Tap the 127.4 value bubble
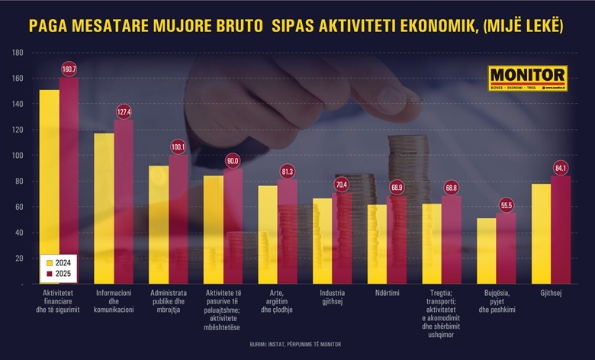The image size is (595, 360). (x=124, y=112)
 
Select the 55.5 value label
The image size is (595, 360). (x=507, y=205)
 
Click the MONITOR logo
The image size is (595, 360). (x=528, y=79)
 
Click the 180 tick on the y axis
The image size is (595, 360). (x=18, y=53)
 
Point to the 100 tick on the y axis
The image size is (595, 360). (x=18, y=156)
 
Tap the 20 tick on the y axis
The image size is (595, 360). (x=19, y=259)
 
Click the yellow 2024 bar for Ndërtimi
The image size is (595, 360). (x=378, y=244)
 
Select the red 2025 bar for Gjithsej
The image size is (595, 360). (x=561, y=229)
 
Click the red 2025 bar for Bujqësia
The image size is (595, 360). (x=506, y=248)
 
